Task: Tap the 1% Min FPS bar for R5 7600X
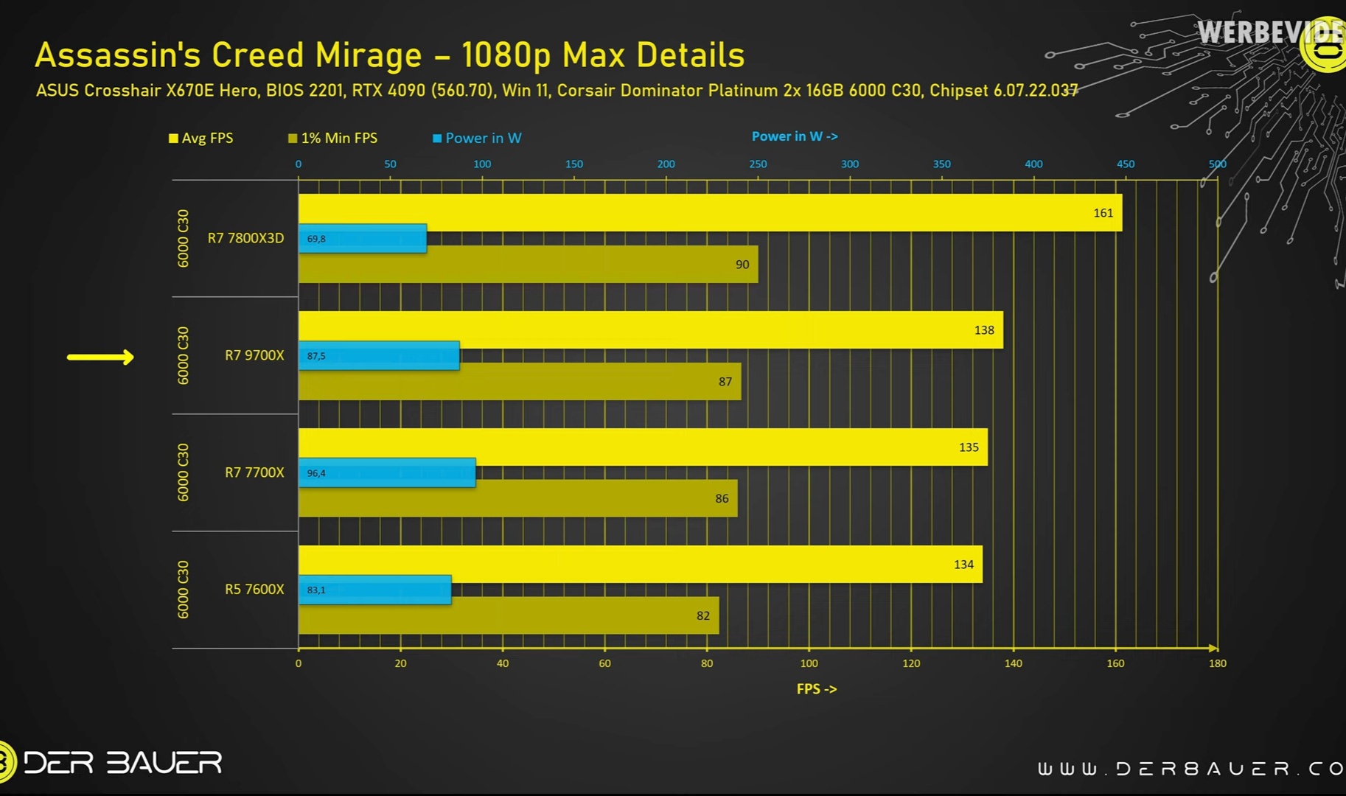pos(509,615)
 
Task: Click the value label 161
pos(1103,213)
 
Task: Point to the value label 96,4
pos(316,473)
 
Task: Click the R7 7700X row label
pos(254,472)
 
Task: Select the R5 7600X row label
pos(254,590)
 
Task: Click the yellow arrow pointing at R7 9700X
pos(100,357)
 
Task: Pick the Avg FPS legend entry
pos(201,139)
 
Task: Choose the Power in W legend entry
pos(477,139)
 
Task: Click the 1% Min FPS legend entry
pos(333,139)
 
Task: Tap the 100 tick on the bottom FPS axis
pos(809,663)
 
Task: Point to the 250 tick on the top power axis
pos(758,164)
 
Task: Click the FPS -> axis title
pos(817,689)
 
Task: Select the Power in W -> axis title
pos(795,136)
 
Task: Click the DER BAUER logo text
pos(122,763)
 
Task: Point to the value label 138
pos(984,330)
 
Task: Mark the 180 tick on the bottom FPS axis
pos(1217,663)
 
